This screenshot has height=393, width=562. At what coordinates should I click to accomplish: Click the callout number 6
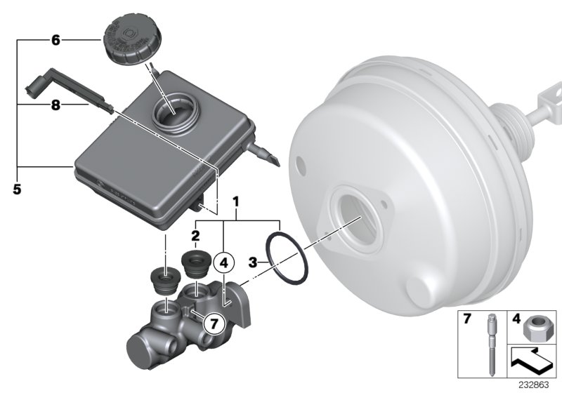pyautogui.click(x=55, y=41)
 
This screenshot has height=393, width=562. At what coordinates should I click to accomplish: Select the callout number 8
pyautogui.click(x=55, y=105)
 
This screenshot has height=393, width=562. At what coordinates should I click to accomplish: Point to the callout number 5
pyautogui.click(x=17, y=188)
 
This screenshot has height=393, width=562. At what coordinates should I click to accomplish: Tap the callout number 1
pyautogui.click(x=237, y=201)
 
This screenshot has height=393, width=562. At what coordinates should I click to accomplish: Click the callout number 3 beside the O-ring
pyautogui.click(x=253, y=263)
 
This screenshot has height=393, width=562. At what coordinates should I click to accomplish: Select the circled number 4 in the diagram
pyautogui.click(x=224, y=264)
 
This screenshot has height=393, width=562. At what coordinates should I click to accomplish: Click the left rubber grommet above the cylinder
pyautogui.click(x=164, y=281)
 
